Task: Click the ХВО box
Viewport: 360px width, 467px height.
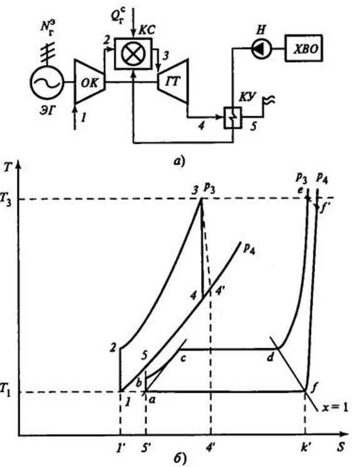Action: pos(304,48)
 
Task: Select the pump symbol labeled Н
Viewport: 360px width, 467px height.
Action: pos(262,49)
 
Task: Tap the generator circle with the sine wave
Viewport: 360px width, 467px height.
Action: pos(47,83)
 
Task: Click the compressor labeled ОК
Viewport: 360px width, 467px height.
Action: pos(90,82)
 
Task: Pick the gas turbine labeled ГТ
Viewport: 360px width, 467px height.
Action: pos(173,81)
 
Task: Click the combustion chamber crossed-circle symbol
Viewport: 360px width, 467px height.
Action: pos(133,54)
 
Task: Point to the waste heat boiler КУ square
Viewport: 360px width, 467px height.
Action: pos(232,117)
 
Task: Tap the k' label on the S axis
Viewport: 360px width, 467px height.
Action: pos(304,448)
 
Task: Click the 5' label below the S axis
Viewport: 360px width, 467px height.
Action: pos(146,448)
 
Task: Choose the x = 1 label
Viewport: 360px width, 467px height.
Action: pos(335,408)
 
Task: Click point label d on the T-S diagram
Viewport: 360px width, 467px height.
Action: pos(270,357)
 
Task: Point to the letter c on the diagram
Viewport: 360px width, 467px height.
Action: pos(183,358)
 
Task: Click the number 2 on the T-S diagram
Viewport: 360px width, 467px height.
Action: pos(113,347)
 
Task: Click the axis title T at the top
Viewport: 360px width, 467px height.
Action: pos(8,167)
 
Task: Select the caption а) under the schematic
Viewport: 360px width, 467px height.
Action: pos(180,162)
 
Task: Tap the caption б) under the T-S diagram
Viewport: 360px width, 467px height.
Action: pos(180,459)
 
